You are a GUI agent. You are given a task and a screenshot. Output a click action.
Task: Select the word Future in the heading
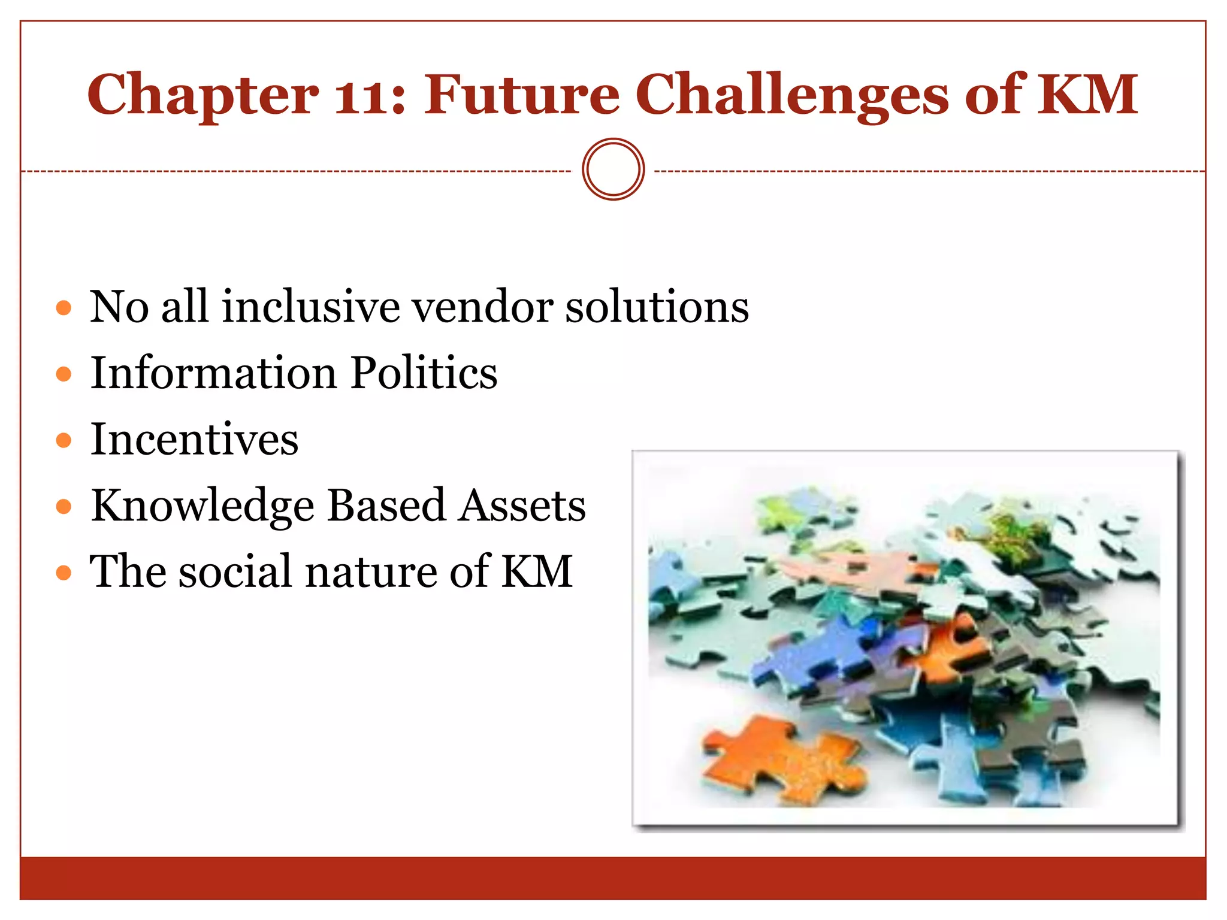coord(521,95)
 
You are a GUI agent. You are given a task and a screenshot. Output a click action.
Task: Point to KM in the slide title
coord(1087,95)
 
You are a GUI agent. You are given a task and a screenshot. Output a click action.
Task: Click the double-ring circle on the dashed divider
coord(613,170)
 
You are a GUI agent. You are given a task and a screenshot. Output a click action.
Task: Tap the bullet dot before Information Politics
coord(64,374)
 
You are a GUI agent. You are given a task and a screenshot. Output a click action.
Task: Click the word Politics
coord(424,373)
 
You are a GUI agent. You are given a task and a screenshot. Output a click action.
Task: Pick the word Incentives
coord(194,439)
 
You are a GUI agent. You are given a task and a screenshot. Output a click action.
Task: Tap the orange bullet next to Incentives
coord(64,441)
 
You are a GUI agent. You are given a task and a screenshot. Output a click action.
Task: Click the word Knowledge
coord(203,506)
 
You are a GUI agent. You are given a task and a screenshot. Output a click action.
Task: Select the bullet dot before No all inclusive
coord(64,308)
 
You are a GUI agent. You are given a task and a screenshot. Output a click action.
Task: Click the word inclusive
coord(311,307)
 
